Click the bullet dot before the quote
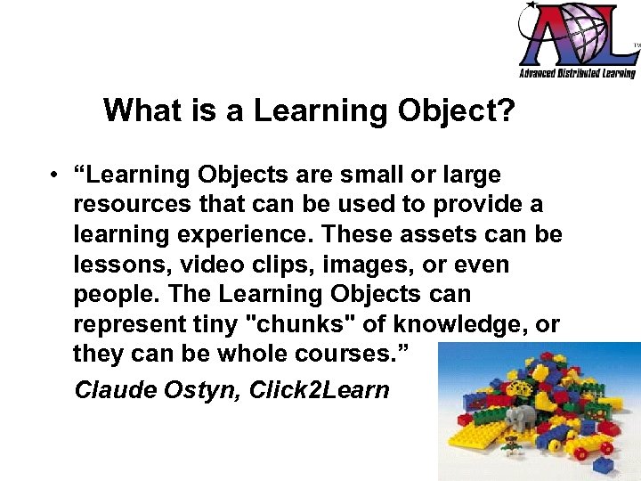tap(55, 175)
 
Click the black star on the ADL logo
tap(532, 7)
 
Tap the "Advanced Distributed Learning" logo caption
tap(578, 74)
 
